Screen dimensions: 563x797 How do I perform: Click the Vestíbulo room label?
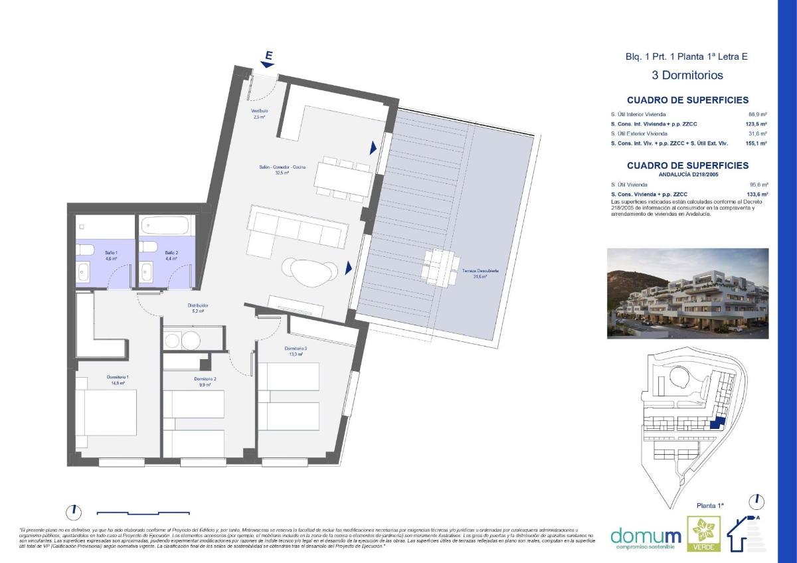point(258,113)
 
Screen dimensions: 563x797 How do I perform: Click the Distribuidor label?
point(197,307)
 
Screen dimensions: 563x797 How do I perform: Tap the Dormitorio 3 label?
point(295,351)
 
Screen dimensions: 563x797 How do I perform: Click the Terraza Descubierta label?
point(481,275)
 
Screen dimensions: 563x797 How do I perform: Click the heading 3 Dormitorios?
point(687,76)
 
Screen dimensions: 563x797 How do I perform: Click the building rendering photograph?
point(687,293)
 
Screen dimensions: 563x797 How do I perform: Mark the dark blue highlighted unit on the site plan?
point(716,424)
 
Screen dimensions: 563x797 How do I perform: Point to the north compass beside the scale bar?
point(74,512)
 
